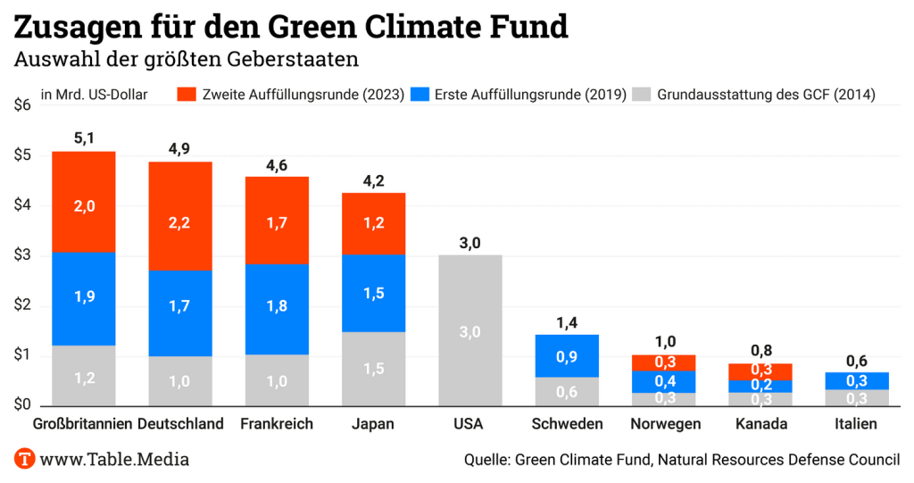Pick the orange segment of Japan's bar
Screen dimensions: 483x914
(x=373, y=223)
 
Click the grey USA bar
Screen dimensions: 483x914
(x=470, y=330)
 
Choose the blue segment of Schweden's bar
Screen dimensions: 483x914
(x=567, y=355)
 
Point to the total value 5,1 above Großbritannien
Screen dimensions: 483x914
(x=84, y=138)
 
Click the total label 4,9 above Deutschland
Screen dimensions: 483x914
(x=180, y=148)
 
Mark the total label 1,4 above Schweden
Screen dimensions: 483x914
(x=567, y=321)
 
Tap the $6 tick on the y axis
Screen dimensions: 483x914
(x=22, y=104)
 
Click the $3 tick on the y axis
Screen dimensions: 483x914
(x=22, y=255)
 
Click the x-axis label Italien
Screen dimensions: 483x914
(x=856, y=424)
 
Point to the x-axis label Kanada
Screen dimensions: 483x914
(x=760, y=424)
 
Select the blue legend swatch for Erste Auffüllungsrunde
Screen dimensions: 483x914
(x=420, y=94)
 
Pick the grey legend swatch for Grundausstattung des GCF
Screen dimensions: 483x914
(x=641, y=94)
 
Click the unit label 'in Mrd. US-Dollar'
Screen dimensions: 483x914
(x=94, y=94)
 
